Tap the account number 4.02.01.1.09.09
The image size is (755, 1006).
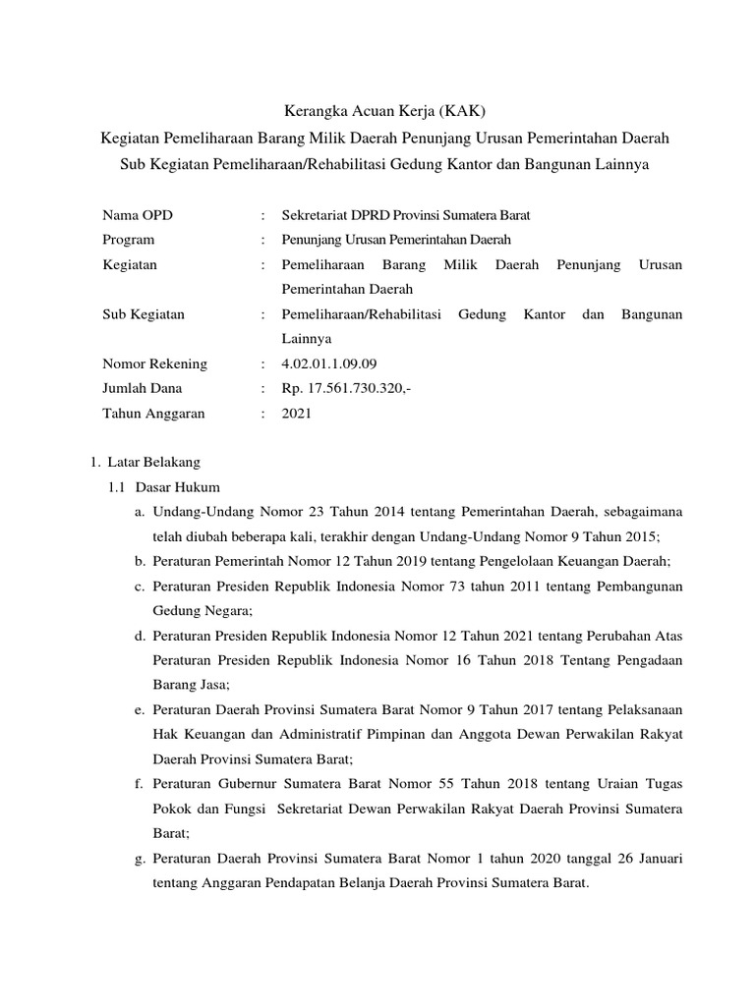[328, 363]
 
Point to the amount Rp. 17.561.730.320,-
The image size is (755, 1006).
[346, 389]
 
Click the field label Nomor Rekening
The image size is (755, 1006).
[154, 363]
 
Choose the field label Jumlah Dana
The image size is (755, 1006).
[143, 389]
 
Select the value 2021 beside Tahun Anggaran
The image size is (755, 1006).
[296, 414]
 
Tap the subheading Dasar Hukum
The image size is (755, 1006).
[179, 486]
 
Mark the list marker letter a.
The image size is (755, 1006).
[141, 512]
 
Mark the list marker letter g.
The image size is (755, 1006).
[141, 858]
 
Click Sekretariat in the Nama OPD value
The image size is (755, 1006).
[317, 214]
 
